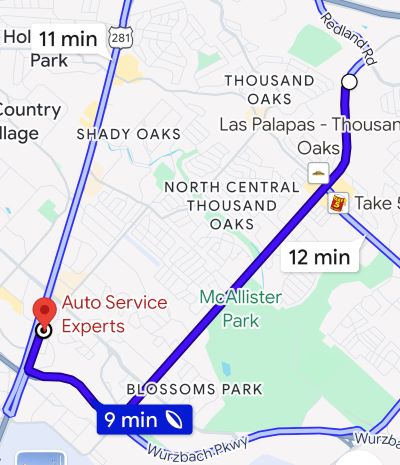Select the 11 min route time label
[68, 39]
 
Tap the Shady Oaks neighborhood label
[129, 133]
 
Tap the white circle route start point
[349, 81]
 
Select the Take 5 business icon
[337, 202]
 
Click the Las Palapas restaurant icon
[318, 173]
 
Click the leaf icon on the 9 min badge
[174, 420]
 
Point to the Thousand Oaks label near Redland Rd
[269, 89]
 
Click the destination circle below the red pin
[44, 332]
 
